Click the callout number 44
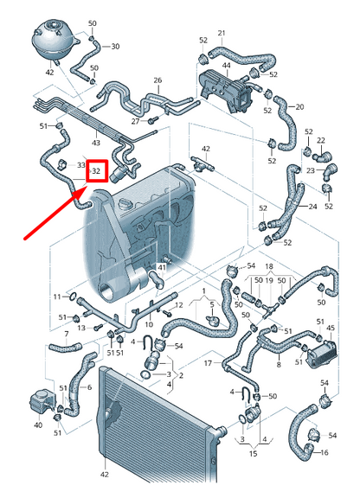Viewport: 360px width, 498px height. point(226,66)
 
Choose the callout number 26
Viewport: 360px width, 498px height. point(157,80)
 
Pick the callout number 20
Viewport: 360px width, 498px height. point(300,106)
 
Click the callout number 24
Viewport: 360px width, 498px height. point(312,207)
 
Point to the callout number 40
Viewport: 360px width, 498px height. point(37,425)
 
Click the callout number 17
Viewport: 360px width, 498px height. point(208,363)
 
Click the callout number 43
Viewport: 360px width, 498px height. point(96,142)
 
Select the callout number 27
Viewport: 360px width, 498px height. point(135,122)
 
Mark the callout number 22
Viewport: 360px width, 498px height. point(321,140)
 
